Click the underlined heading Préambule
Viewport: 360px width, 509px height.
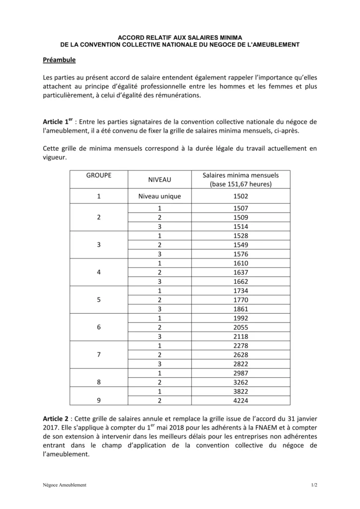point(59,60)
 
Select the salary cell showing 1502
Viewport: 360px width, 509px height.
point(241,196)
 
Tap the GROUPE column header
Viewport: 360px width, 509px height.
point(99,175)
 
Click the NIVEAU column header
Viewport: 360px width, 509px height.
point(160,179)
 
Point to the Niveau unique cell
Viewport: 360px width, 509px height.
point(160,196)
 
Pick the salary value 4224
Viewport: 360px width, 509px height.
point(241,400)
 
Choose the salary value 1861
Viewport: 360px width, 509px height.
point(241,309)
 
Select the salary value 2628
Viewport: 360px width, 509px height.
point(241,354)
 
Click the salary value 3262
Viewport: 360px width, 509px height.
point(241,382)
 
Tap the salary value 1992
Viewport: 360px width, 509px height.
point(241,318)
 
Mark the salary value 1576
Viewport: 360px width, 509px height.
point(241,254)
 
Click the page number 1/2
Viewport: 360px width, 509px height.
point(314,485)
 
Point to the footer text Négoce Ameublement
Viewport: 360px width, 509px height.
point(65,485)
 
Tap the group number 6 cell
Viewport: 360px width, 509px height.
point(99,328)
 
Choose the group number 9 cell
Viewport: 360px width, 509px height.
point(99,400)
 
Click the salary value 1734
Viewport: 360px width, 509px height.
point(241,290)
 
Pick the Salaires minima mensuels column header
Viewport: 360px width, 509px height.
point(241,179)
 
